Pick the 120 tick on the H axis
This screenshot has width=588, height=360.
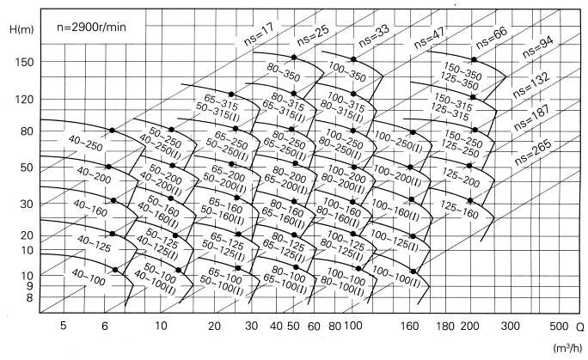click(x=24, y=101)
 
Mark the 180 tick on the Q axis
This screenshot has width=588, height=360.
click(x=444, y=326)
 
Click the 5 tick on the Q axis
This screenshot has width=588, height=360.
click(x=64, y=326)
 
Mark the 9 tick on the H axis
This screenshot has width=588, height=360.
click(x=27, y=286)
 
